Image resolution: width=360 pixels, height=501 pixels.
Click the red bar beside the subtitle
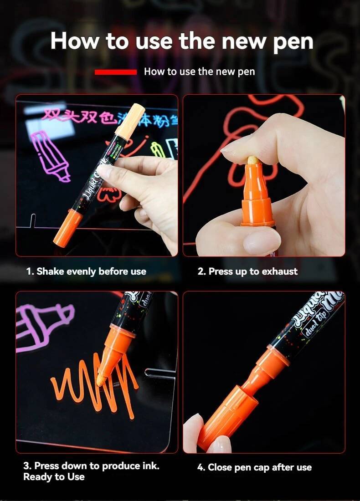click(x=115, y=72)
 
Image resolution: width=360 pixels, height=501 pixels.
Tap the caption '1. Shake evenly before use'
click(x=86, y=271)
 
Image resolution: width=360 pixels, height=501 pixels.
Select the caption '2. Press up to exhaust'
click(x=247, y=271)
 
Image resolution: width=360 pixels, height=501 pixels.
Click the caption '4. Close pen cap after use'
click(x=254, y=467)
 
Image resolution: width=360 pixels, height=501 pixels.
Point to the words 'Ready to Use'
click(x=54, y=477)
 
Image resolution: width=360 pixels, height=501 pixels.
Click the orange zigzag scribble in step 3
click(x=91, y=387)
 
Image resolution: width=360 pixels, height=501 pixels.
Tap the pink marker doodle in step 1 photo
click(x=49, y=155)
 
